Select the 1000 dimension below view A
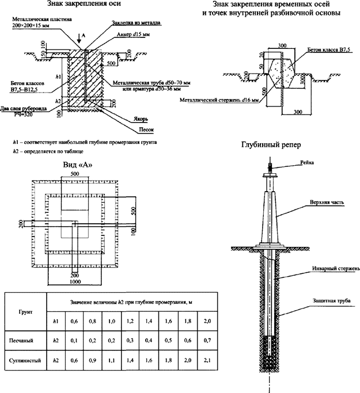click(x=75, y=282)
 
